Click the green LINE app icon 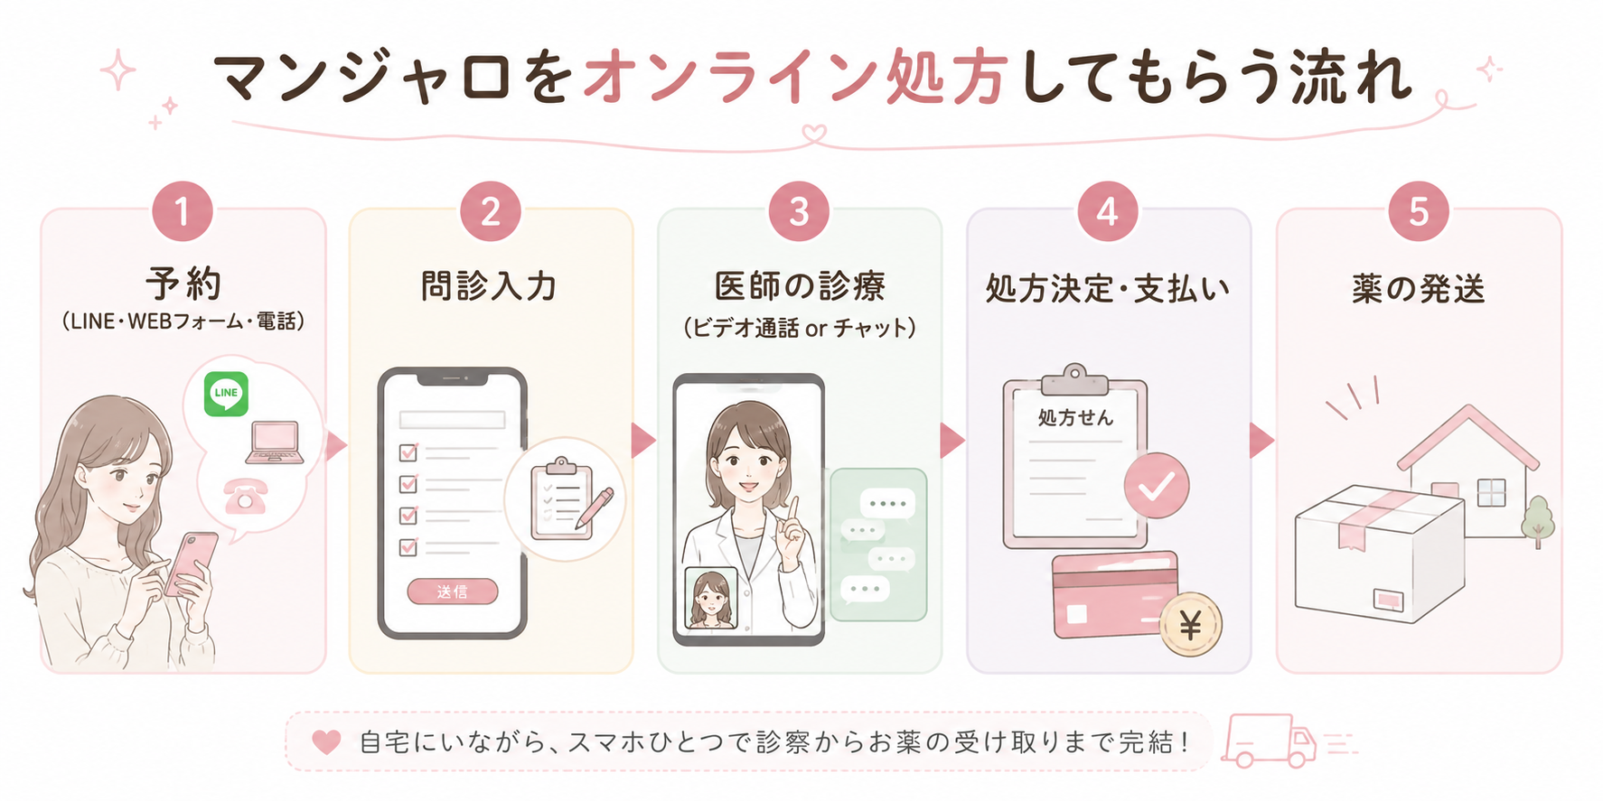(226, 394)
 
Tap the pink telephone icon (245, 496)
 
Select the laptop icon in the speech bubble (275, 442)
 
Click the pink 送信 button (452, 591)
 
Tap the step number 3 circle (799, 212)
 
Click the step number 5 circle (1418, 212)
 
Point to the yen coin (1191, 624)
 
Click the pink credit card (1116, 594)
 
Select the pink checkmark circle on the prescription (1157, 486)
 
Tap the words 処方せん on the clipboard (1075, 417)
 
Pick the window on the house (1491, 492)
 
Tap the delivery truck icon (1268, 740)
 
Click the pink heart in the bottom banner (326, 742)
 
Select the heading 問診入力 (489, 286)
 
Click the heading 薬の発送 (1419, 288)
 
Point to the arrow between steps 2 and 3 (643, 440)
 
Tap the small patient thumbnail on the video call (710, 598)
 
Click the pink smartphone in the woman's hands (191, 564)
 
